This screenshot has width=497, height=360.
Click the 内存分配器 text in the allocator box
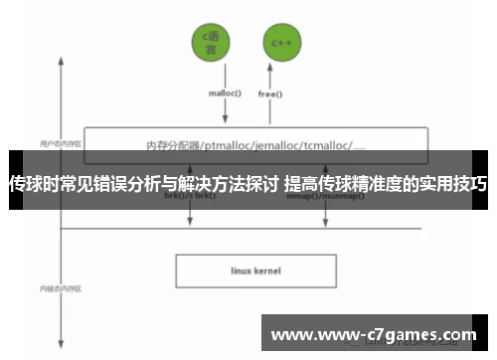click(x=170, y=145)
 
